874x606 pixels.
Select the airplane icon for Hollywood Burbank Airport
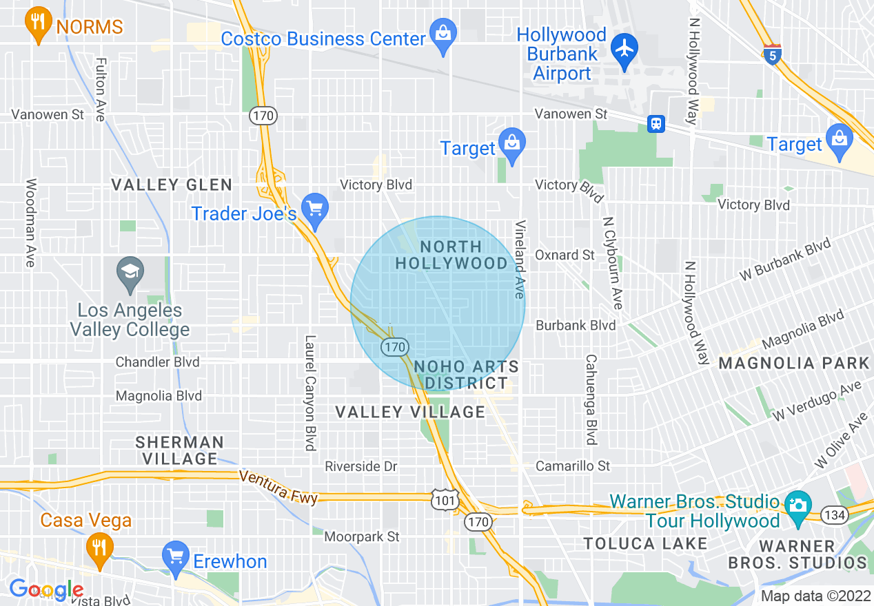pyautogui.click(x=625, y=50)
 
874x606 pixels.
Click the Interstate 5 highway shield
pyautogui.click(x=773, y=54)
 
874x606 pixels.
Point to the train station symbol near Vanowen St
pyautogui.click(x=655, y=123)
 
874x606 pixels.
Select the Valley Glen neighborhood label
pyautogui.click(x=172, y=185)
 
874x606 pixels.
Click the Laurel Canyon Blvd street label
pyautogui.click(x=310, y=393)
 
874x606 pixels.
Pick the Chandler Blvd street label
pyautogui.click(x=157, y=362)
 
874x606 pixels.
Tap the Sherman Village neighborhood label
pyautogui.click(x=179, y=450)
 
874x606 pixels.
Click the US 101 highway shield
pyautogui.click(x=445, y=501)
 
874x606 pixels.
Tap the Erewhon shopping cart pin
pyautogui.click(x=175, y=556)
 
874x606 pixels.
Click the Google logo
pyautogui.click(x=45, y=589)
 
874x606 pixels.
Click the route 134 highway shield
pyautogui.click(x=835, y=514)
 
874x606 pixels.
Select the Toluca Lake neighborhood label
pyautogui.click(x=645, y=543)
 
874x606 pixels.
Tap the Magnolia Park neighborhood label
pyautogui.click(x=794, y=363)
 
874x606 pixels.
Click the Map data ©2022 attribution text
pyautogui.click(x=815, y=596)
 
